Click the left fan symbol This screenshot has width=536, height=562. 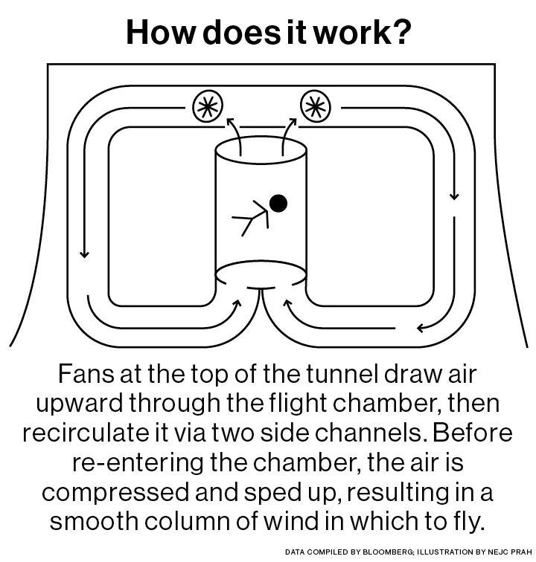pos(208,107)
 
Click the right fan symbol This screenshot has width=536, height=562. pos(315,107)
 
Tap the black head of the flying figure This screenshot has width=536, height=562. pos(278,201)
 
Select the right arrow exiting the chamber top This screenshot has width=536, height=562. pos(287,135)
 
